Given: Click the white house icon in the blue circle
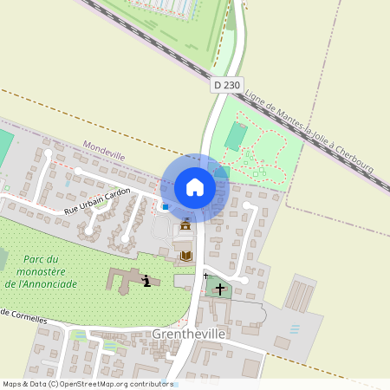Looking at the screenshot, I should (194, 186).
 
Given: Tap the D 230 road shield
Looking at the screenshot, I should (226, 85).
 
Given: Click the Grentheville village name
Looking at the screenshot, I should (188, 333).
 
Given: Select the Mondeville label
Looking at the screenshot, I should (104, 153).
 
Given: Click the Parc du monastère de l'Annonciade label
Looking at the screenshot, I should (42, 271).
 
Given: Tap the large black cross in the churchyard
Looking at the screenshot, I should (220, 289).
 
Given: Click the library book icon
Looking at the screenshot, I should (185, 256).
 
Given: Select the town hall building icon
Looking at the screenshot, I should (185, 226).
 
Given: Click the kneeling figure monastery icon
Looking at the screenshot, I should (146, 280).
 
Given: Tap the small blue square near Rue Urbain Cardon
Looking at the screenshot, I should (165, 206).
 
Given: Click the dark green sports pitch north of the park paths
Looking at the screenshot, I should (235, 134).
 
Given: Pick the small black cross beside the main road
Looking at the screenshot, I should (205, 276).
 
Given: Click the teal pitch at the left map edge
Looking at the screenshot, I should (5, 143).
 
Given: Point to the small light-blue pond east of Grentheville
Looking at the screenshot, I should (296, 329).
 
